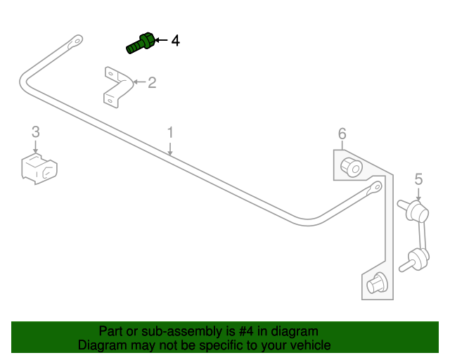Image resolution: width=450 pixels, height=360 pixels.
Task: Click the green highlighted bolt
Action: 141,44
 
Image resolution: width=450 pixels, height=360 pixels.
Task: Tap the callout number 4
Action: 175,41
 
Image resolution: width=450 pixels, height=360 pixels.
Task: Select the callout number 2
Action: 152,83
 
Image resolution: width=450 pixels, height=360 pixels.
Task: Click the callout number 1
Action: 169,132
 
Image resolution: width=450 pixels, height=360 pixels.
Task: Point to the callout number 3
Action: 35,131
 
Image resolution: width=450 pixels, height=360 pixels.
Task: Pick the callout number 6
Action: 342,134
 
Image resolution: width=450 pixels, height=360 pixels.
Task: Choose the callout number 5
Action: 418,179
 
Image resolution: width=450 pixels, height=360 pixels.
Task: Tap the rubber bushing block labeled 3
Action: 39,169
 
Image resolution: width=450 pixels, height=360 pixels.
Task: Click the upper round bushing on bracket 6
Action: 350,167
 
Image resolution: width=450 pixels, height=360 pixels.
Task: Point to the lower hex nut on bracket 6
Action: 376,281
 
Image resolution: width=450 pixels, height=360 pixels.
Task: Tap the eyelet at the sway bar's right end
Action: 375,188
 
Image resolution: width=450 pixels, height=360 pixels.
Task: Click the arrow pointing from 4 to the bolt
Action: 162,41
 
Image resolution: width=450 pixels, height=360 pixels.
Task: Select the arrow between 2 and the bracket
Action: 139,83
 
